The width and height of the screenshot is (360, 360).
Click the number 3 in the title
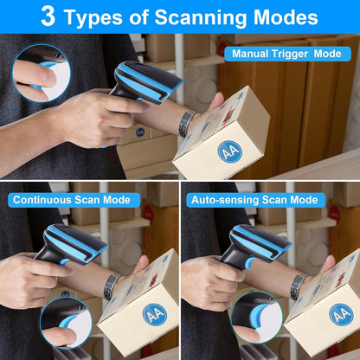click(x=49, y=16)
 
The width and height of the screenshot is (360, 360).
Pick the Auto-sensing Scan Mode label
click(x=254, y=200)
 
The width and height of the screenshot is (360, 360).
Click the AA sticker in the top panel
click(x=228, y=152)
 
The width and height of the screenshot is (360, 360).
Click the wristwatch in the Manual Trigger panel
click(x=184, y=124)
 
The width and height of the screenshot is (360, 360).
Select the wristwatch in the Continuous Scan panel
click(x=111, y=286)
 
